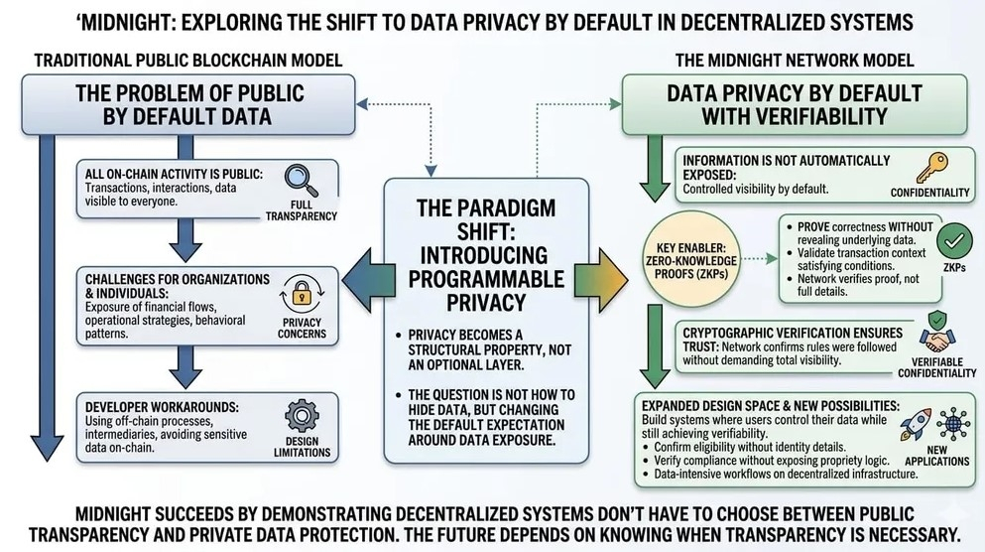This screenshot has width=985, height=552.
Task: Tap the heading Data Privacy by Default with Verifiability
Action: [795, 107]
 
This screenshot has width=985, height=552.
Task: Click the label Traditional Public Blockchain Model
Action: [188, 61]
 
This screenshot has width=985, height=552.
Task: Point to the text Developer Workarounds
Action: [149, 406]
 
